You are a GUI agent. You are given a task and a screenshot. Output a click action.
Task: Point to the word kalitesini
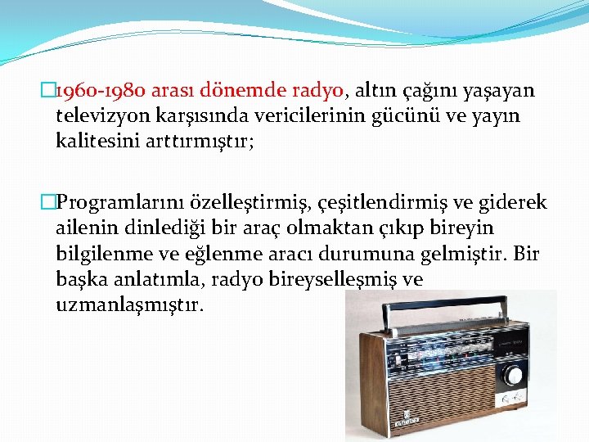click(x=100, y=141)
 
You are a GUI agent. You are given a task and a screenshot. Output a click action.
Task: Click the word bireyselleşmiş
click(x=315, y=279)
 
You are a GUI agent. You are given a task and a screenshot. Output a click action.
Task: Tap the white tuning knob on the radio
click(x=514, y=376)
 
